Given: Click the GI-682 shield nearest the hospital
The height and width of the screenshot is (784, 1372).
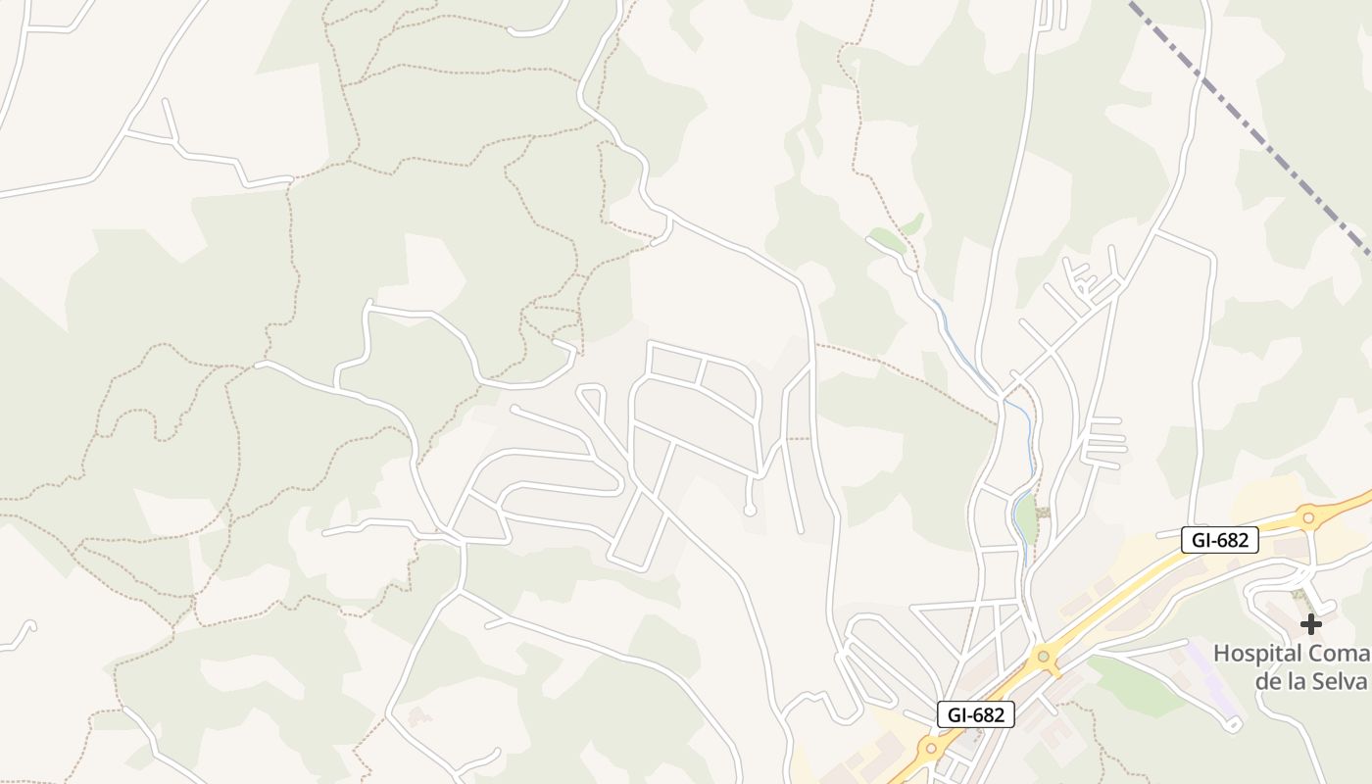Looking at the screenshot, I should click(x=1219, y=539).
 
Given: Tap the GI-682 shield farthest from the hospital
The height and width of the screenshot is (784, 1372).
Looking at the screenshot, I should click(x=975, y=714).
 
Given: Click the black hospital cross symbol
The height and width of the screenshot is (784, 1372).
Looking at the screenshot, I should click(x=1310, y=623).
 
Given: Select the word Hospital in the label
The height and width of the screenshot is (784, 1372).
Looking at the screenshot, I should click(x=1258, y=654).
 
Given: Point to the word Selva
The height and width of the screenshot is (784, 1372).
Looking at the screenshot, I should click(x=1340, y=681).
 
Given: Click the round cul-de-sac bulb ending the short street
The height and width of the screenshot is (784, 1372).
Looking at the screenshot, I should click(x=750, y=510).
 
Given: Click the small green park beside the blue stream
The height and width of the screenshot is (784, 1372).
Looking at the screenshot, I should click(x=1025, y=514).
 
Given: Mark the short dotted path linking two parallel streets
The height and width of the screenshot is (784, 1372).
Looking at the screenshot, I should click(x=799, y=439).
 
